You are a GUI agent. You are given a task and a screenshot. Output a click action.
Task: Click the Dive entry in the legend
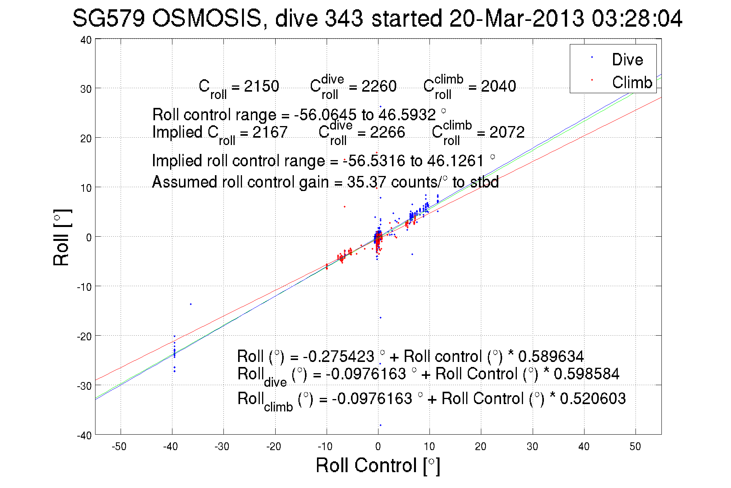627,60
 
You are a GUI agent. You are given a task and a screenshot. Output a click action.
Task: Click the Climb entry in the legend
632,82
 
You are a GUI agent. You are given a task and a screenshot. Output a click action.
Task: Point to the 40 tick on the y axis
86,40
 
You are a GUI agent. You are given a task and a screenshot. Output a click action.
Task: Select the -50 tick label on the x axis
119,447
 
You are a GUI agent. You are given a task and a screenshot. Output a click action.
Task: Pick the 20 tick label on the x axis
481,447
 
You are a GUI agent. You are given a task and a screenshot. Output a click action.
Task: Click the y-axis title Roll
61,238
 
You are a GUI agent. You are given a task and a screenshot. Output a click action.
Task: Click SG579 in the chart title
108,18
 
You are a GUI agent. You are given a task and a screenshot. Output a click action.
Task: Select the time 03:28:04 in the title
637,18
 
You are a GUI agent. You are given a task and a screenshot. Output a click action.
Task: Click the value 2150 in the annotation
261,86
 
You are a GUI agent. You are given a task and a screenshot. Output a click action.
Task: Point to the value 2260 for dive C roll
379,86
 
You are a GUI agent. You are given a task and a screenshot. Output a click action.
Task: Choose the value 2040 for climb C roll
498,86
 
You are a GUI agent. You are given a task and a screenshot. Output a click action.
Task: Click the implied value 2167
270,132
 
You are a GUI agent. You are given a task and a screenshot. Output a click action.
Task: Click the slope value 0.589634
551,356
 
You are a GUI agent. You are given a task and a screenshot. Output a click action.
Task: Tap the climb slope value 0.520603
593,398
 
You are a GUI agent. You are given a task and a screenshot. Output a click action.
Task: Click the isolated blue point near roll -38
380,425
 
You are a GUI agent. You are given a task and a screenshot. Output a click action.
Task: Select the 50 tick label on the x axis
635,447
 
